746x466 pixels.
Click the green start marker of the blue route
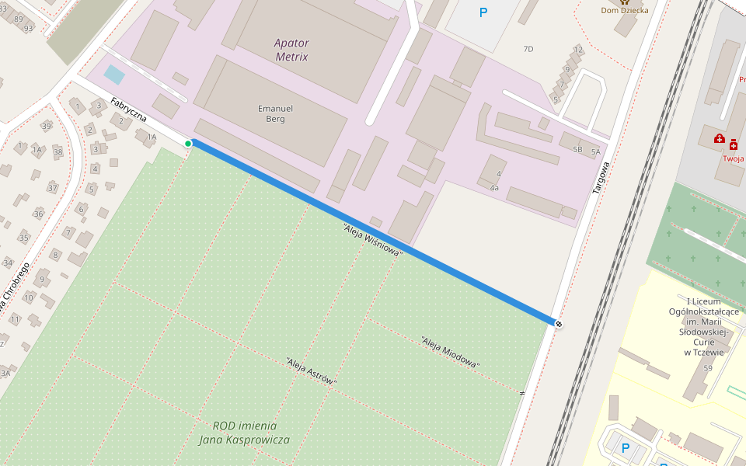tap(188, 144)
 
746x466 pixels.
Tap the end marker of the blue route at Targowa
tap(558, 322)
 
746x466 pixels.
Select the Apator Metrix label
tap(291, 50)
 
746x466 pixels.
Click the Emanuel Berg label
tap(275, 113)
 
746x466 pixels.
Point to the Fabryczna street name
tap(128, 113)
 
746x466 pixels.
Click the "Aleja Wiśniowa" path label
tap(373, 240)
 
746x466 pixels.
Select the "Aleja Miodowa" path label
tap(450, 352)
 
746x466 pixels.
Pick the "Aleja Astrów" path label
tap(312, 371)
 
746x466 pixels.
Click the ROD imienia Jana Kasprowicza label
tap(244, 433)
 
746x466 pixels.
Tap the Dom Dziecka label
tap(624, 10)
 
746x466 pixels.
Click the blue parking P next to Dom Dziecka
tap(483, 12)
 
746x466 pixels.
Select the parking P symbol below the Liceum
tap(626, 448)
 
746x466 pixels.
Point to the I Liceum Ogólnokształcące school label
tap(704, 326)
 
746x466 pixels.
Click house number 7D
tap(528, 49)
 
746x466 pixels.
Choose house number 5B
tap(577, 149)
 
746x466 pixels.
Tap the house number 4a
tap(494, 188)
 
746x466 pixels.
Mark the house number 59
tap(707, 368)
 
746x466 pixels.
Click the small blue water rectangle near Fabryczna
tap(114, 75)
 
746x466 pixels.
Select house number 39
tap(47, 126)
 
